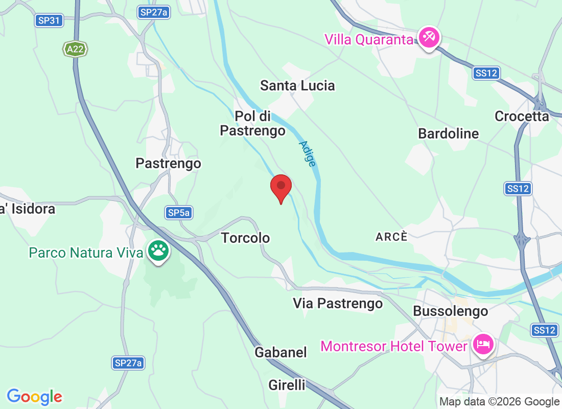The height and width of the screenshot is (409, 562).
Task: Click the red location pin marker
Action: coord(280,188)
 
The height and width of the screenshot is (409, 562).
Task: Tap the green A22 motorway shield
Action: coord(76,49)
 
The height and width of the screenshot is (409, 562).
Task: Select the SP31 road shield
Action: coord(50,20)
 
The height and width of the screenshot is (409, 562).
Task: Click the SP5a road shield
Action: coord(179,213)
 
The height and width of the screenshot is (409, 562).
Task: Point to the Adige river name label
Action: coord(307,153)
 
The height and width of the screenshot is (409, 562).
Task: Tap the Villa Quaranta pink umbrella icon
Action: coord(429,38)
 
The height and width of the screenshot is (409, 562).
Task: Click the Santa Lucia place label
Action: coord(297,85)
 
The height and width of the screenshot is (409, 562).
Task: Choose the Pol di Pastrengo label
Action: coord(252,123)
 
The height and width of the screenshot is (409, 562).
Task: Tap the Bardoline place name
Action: coord(448,134)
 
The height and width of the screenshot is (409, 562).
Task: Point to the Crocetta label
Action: coord(522,117)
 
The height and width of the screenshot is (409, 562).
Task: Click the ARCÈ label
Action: coord(392,237)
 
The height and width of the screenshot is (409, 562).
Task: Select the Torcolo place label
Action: coord(245,238)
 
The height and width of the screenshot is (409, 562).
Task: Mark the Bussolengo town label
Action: coord(450,311)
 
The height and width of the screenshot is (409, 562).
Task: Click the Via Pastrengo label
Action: coord(338,303)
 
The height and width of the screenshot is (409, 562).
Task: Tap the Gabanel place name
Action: coord(280,352)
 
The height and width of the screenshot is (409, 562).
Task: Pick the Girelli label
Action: coord(287,385)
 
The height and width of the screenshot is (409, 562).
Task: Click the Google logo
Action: coord(35,397)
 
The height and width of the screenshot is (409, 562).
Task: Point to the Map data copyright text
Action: coord(499,402)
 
